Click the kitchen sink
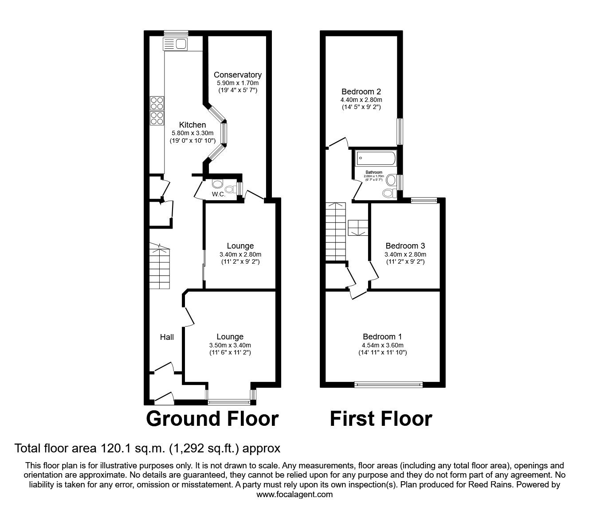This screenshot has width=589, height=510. click(176, 44)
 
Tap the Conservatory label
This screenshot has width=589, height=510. click(237, 75)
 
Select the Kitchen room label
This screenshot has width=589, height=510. click(192, 125)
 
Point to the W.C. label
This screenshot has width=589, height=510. click(218, 194)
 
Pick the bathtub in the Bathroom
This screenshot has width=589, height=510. click(375, 158)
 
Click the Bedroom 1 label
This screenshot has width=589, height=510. click(382, 337)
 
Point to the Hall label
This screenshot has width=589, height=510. click(167, 337)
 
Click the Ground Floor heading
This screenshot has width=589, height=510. click(212, 419)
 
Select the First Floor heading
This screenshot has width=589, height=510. click(381, 419)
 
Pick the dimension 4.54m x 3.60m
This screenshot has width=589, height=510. click(382, 346)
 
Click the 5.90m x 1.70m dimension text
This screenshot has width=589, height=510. click(237, 83)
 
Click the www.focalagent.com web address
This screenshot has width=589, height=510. click(294, 494)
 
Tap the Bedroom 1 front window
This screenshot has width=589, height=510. click(389, 384)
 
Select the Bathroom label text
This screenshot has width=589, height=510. click(374, 172)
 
